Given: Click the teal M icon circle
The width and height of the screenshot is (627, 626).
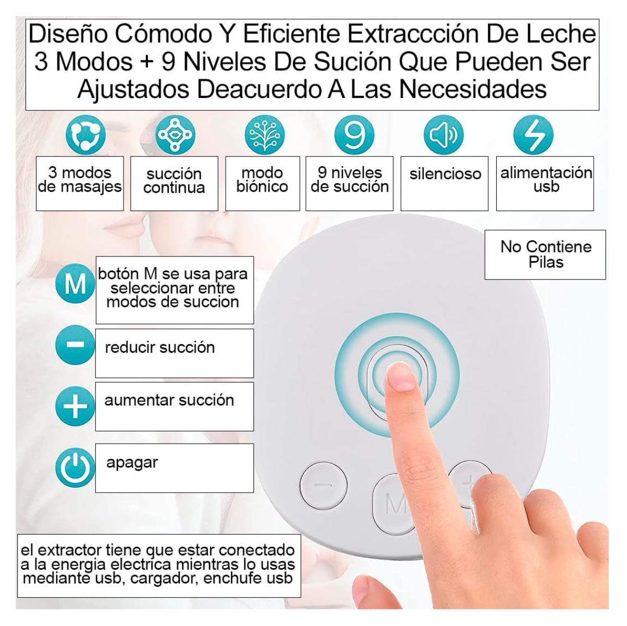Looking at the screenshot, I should pyautogui.click(x=75, y=284).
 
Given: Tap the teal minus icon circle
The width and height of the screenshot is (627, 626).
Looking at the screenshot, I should pyautogui.click(x=75, y=345).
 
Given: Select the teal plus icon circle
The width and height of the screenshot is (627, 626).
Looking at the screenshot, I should pyautogui.click(x=75, y=407).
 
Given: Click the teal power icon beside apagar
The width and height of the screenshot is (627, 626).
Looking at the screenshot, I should pyautogui.click(x=75, y=468).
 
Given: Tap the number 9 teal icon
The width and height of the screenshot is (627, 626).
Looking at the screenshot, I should pyautogui.click(x=354, y=134).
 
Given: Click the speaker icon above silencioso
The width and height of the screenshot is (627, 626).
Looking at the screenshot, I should pyautogui.click(x=444, y=134).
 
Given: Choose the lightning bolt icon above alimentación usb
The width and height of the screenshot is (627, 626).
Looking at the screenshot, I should pyautogui.click(x=533, y=134).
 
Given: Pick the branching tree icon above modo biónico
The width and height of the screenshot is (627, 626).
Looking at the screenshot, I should pyautogui.click(x=265, y=134).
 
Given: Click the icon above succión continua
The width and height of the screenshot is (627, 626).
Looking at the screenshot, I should pyautogui.click(x=176, y=134).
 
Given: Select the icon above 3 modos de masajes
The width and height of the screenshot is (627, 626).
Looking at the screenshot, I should pyautogui.click(x=85, y=134).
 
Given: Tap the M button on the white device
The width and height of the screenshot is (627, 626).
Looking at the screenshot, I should pyautogui.click(x=395, y=504).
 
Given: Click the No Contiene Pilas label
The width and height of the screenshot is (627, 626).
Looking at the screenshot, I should pyautogui.click(x=546, y=254).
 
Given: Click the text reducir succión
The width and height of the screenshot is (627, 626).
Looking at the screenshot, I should pyautogui.click(x=159, y=348).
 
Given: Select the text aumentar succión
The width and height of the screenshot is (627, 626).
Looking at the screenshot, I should pyautogui.click(x=169, y=400).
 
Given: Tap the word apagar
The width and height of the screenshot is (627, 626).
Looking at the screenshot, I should pyautogui.click(x=132, y=462).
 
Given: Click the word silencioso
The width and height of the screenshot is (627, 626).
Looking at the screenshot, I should pyautogui.click(x=445, y=174).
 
